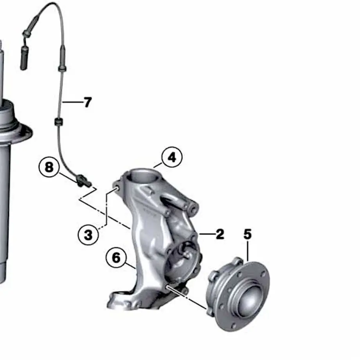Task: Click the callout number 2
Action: tap(220, 234)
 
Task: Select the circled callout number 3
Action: tap(88, 235)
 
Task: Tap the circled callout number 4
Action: tap(171, 157)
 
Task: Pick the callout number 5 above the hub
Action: tap(247, 234)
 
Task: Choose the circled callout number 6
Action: tap(116, 258)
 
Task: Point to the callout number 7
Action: tap(87, 103)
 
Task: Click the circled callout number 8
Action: tap(49, 168)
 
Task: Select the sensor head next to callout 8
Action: tap(84, 181)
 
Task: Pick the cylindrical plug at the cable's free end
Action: tap(25, 58)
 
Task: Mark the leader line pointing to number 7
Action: tap(72, 103)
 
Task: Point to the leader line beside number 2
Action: tap(206, 234)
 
